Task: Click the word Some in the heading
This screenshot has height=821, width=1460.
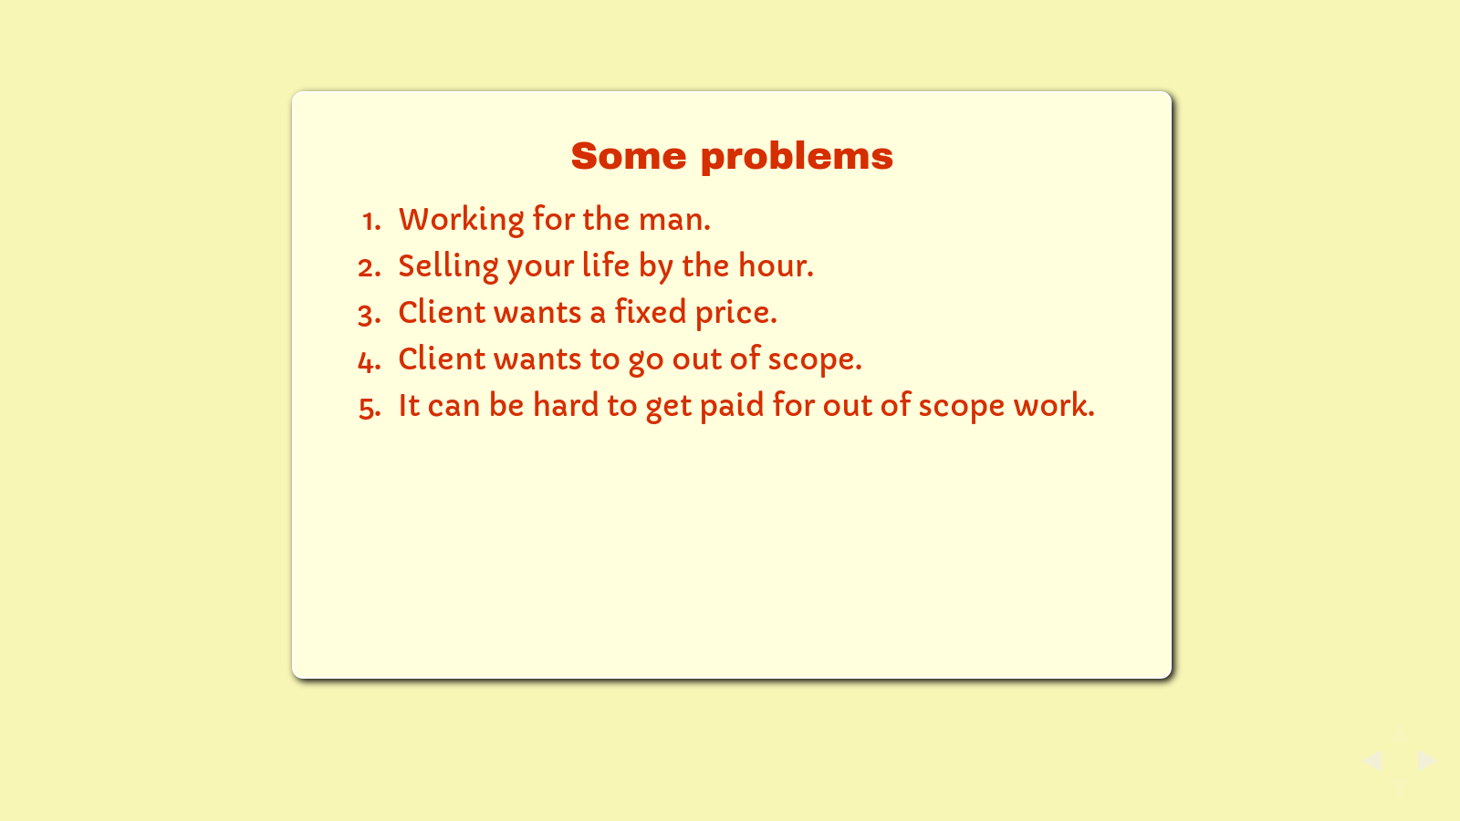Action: (629, 156)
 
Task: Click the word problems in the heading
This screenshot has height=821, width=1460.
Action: (798, 159)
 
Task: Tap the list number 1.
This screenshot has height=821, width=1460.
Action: (372, 221)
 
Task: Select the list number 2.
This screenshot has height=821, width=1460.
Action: (370, 268)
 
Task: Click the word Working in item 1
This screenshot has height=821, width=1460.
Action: (462, 220)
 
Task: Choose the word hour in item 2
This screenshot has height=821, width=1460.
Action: (776, 265)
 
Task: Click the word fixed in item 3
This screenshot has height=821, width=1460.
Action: (651, 311)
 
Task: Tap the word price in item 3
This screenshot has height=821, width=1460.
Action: (735, 314)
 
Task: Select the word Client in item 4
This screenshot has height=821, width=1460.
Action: (442, 359)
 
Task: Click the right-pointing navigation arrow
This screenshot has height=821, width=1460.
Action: (1427, 761)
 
